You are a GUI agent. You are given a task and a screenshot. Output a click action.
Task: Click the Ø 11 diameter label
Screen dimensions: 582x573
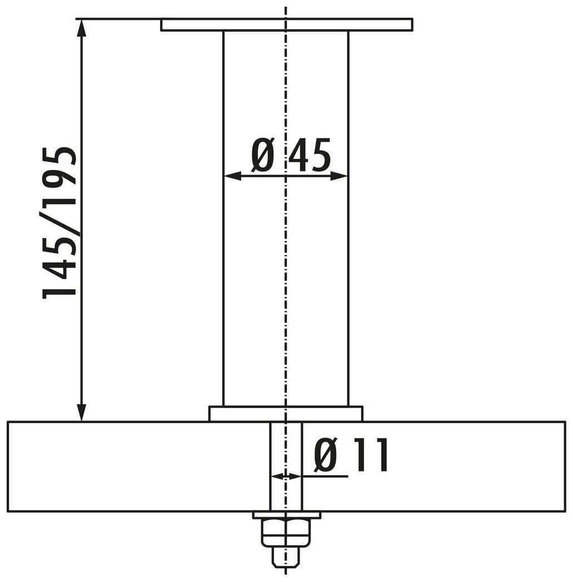pos(350,455)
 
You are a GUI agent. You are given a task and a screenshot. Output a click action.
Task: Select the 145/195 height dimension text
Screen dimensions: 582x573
pos(60,222)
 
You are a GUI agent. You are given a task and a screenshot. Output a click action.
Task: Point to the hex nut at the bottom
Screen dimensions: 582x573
pos(286,533)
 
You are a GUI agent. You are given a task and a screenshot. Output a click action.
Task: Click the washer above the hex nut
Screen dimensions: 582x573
pos(286,515)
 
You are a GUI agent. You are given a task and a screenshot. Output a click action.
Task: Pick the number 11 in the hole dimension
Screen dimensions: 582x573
pos(369,455)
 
